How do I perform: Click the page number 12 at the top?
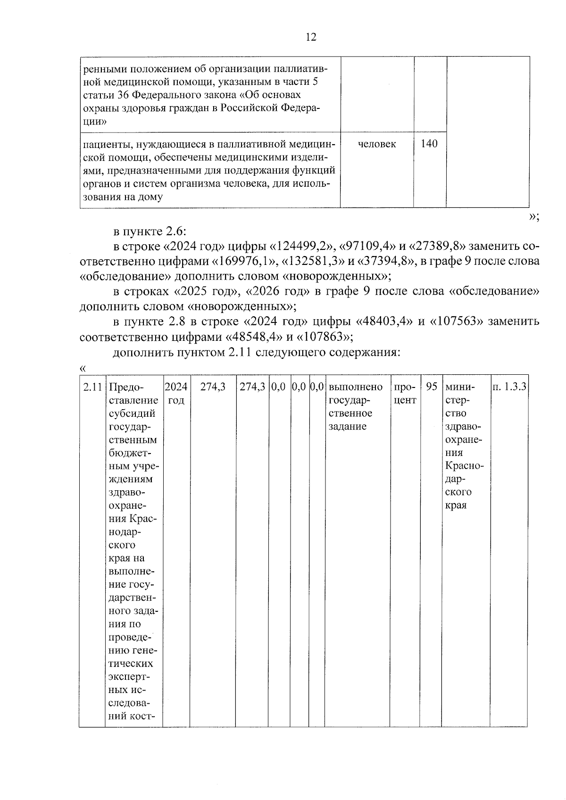pos(311,37)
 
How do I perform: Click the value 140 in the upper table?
pos(429,144)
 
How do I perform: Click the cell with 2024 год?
pos(176,393)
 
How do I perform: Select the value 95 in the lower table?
pos(431,387)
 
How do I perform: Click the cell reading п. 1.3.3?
pos(509,387)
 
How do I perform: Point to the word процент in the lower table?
pos(405,393)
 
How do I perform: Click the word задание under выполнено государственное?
pos(348,427)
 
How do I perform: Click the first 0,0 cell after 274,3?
pos(278,387)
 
